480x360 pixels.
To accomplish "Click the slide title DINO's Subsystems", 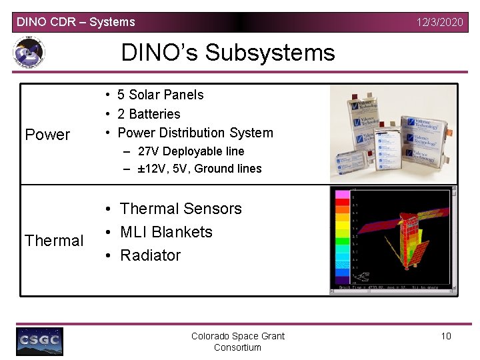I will pyautogui.click(x=227, y=52).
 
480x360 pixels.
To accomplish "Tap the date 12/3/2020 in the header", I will pyautogui.click(x=439, y=22).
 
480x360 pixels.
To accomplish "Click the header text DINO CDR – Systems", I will pyautogui.click(x=75, y=22).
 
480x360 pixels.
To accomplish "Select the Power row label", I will pyautogui.click(x=47, y=135).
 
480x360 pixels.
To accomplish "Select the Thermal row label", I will pyautogui.click(x=54, y=241).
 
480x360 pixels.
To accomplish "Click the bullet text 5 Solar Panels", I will pyautogui.click(x=160, y=95).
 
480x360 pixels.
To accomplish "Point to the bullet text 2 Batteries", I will pyautogui.click(x=149, y=114).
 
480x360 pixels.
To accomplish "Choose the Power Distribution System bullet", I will pyautogui.click(x=195, y=133).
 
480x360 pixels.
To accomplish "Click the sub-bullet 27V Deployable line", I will pyautogui.click(x=191, y=151).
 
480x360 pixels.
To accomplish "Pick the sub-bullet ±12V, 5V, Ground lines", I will pyautogui.click(x=199, y=169).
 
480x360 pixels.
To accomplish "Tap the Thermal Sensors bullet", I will pyautogui.click(x=181, y=209).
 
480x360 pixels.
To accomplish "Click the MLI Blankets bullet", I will pyautogui.click(x=166, y=232).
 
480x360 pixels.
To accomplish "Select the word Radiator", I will pyautogui.click(x=150, y=255).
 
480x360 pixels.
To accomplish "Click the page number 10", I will pyautogui.click(x=446, y=336).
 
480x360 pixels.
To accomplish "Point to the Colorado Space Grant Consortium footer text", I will pyautogui.click(x=238, y=341).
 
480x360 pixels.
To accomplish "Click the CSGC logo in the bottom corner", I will pyautogui.click(x=40, y=341).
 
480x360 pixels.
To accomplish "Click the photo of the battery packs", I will pyautogui.click(x=394, y=133).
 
